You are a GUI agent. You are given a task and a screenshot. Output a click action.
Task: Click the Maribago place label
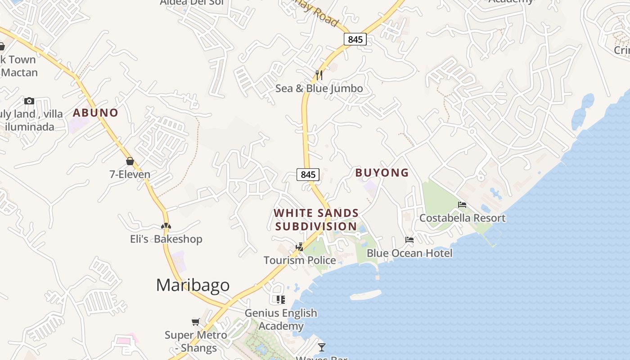[x=193, y=285]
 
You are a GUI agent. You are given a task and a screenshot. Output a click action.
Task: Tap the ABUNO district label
[x=95, y=112]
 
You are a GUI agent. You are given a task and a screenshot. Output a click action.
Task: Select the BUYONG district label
[x=382, y=172]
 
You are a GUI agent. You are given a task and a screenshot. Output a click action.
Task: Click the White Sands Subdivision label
[x=316, y=219]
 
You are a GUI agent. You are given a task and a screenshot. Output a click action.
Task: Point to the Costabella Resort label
[x=462, y=218]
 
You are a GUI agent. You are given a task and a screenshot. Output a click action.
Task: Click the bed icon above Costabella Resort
[x=462, y=205]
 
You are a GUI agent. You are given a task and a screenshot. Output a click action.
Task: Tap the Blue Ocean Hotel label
[x=409, y=253]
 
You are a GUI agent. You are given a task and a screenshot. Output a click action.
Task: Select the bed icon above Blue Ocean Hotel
[x=409, y=240]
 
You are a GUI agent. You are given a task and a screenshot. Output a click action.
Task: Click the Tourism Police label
[x=300, y=260]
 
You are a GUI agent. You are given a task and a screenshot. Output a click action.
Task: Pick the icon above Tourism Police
[x=300, y=247]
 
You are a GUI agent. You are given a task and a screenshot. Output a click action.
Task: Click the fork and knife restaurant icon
[x=319, y=75]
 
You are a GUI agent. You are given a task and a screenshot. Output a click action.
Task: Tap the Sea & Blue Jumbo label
[x=319, y=88]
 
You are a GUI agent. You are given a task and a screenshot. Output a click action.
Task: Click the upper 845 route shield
[x=355, y=39]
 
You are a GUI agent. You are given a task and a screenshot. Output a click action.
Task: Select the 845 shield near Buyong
[x=308, y=174]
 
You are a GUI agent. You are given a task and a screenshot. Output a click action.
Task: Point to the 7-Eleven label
[x=130, y=174]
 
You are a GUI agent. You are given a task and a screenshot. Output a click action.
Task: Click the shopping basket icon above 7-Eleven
[x=130, y=161]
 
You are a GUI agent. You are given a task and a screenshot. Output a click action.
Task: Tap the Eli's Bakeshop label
[x=166, y=239]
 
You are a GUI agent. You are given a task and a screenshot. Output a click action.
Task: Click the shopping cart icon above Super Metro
[x=195, y=322]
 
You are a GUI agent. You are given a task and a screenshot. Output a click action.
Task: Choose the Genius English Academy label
[x=281, y=319]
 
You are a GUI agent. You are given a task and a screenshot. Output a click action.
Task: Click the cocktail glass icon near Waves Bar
[x=321, y=347]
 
